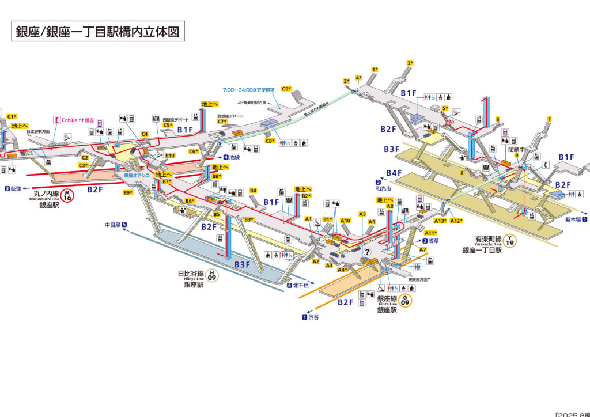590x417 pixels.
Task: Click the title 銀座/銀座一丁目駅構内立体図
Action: pyautogui.click(x=97, y=32)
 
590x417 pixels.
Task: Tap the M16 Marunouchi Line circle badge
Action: pyautogui.click(x=67, y=196)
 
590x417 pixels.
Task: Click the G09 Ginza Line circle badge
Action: pyautogui.click(x=407, y=300)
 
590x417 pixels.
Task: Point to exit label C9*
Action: pyautogui.click(x=287, y=89)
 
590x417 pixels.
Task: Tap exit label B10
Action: pyautogui.click(x=169, y=156)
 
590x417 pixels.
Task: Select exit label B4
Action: pyautogui.click(x=253, y=191)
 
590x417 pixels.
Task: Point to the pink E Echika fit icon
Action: pyautogui.click(x=56, y=120)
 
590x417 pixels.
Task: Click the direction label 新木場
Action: pyautogui.click(x=573, y=219)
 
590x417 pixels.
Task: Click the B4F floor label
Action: pyautogui.click(x=394, y=173)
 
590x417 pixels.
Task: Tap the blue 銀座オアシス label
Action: pyautogui.click(x=137, y=175)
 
